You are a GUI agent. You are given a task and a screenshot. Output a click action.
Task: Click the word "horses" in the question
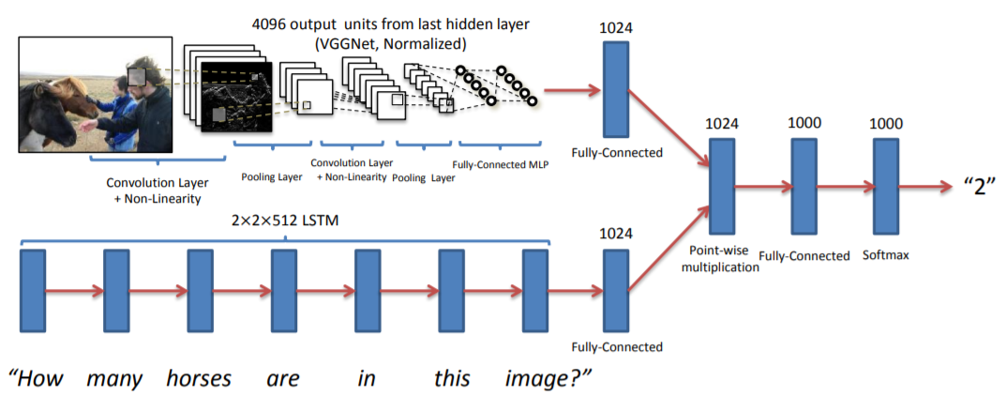[199, 379]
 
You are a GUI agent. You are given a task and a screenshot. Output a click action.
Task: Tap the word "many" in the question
[114, 379]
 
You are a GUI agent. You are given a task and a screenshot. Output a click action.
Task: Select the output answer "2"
[976, 185]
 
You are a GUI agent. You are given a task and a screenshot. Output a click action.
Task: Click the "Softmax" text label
[886, 254]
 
